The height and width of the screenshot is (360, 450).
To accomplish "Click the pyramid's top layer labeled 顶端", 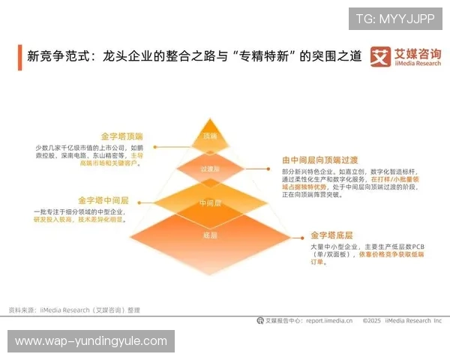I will point(210,136).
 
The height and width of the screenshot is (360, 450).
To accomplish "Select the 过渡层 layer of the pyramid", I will point(210,169).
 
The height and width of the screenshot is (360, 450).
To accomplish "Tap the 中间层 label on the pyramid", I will point(210,203).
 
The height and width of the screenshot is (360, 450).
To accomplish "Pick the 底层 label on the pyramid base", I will point(210,235).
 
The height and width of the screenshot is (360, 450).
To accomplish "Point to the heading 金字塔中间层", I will point(103,200).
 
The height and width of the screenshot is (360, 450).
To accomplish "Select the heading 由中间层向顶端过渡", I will point(316,160).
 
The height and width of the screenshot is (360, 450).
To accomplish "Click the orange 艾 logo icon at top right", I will point(381,57).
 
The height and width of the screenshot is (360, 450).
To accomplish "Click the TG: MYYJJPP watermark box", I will point(395,19).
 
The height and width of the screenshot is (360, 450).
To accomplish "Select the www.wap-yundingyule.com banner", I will point(91,341).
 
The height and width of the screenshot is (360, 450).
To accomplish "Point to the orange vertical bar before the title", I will point(19,56).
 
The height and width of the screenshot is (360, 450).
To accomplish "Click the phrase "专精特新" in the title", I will point(262,56).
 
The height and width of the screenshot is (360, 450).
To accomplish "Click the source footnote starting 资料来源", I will point(73,309).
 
